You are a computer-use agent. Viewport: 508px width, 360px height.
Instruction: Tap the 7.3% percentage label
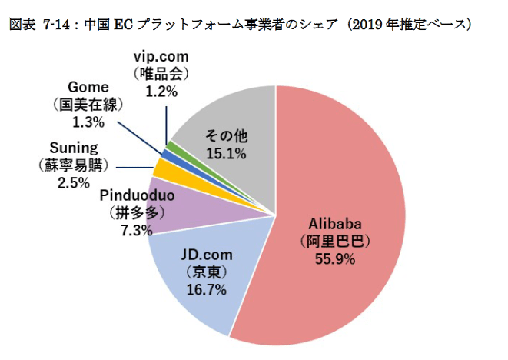(x=137, y=229)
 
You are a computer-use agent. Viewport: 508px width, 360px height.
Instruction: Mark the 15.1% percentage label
(x=225, y=154)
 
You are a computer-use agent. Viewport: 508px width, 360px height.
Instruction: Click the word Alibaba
(x=334, y=224)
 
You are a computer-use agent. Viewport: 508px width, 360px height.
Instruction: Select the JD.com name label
(x=206, y=255)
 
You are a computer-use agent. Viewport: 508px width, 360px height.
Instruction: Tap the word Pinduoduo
(x=138, y=195)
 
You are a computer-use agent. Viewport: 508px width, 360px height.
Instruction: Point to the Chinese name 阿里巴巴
(x=334, y=242)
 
